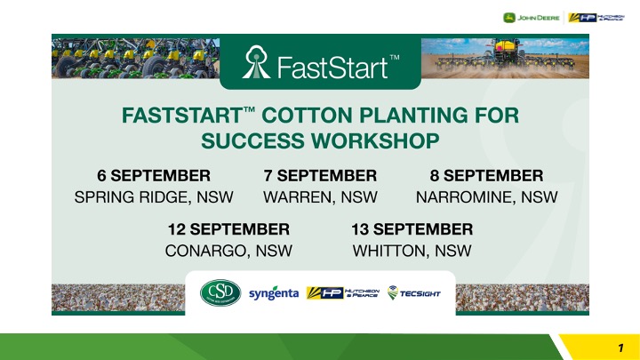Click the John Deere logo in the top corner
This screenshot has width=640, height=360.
531,18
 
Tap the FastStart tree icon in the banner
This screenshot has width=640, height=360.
256,61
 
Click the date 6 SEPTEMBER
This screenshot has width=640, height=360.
154,175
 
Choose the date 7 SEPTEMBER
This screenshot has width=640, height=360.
320,175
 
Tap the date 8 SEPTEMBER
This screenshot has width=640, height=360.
486,175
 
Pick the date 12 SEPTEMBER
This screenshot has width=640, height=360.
228,229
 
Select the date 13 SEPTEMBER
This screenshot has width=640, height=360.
412,229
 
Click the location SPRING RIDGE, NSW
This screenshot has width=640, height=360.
154,197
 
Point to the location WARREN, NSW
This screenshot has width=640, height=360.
320,197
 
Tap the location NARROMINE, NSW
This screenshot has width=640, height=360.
486,197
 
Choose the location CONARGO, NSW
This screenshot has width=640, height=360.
228,251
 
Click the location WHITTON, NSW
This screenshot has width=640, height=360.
412,251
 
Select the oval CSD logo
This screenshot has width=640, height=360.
220,292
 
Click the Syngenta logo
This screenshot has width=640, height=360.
274,293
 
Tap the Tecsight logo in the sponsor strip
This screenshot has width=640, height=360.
414,292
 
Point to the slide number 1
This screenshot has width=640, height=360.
620,348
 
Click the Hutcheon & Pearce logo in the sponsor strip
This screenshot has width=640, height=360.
343,292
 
